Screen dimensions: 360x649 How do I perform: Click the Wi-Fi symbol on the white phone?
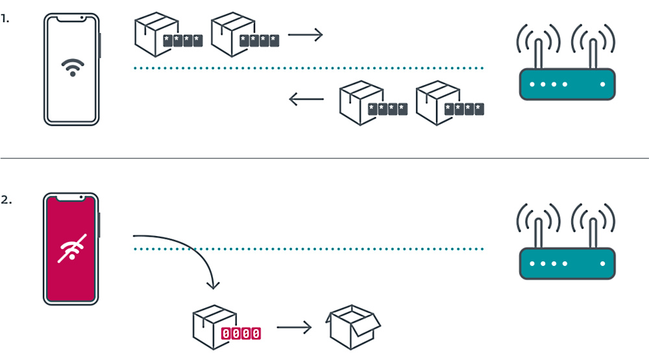(x=72, y=67)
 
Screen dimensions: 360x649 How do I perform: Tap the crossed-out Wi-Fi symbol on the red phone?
(x=71, y=248)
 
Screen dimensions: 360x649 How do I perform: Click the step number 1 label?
(x=5, y=19)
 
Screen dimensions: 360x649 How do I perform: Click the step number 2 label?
(x=6, y=200)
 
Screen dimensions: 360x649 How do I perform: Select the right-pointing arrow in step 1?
(x=305, y=35)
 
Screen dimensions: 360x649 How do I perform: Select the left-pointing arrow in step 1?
(x=306, y=99)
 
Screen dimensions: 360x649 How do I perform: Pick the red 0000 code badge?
(x=241, y=333)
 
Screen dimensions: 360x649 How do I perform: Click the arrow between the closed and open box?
(x=294, y=328)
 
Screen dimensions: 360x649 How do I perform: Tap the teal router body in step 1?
(x=567, y=84)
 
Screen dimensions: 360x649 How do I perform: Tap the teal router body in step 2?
(x=567, y=265)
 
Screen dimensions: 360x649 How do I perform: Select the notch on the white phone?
(x=71, y=18)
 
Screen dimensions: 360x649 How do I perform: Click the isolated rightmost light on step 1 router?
(x=603, y=84)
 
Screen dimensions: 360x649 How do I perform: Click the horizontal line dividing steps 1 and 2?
(x=324, y=158)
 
